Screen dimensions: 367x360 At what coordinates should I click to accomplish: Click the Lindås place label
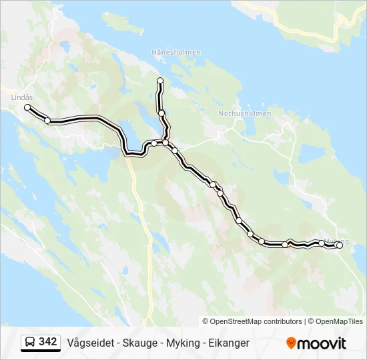click(22, 97)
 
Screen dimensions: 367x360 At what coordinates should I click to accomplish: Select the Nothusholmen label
click(245, 113)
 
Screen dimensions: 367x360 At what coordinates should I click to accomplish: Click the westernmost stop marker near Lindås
click(27, 107)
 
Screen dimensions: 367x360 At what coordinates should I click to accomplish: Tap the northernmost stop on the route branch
click(160, 81)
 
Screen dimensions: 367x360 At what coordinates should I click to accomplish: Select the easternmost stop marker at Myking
click(339, 245)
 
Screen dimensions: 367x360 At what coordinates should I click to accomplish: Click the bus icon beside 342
click(30, 343)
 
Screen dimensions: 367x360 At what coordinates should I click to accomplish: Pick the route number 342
click(48, 342)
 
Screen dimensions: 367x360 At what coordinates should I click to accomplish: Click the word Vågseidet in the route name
click(89, 343)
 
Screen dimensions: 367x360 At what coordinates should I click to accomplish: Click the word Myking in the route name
click(183, 343)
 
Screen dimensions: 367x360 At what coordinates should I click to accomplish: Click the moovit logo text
click(322, 343)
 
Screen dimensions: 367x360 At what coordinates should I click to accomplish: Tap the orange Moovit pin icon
click(291, 343)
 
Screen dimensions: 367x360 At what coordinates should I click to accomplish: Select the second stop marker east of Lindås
click(47, 121)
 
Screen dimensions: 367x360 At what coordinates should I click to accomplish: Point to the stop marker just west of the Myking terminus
click(322, 243)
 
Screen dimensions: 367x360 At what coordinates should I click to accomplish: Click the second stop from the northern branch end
click(161, 113)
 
